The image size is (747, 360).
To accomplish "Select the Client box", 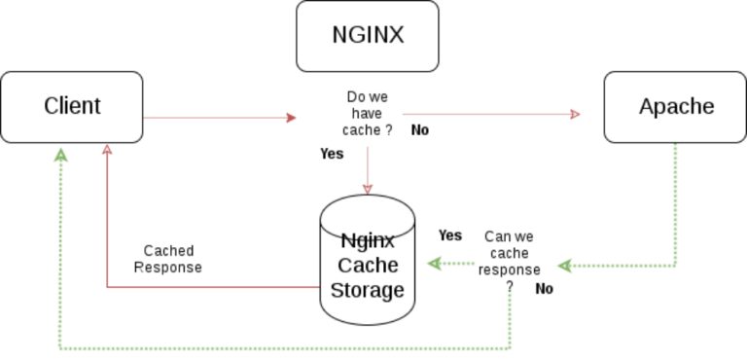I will (x=72, y=106).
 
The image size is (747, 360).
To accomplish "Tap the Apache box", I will (x=676, y=106).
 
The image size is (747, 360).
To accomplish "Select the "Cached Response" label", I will (x=167, y=259).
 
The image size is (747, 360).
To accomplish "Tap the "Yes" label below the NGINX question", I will (x=332, y=154).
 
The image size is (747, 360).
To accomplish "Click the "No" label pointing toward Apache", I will (x=420, y=129).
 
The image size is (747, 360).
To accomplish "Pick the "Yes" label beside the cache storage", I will (x=449, y=234).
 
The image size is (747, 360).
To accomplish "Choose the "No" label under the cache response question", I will (x=544, y=289).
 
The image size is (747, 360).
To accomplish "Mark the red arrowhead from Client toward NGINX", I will (x=291, y=118).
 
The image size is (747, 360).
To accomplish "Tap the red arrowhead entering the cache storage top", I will (x=369, y=188).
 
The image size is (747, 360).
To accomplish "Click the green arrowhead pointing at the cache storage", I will (x=434, y=264).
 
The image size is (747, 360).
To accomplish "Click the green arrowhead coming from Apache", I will (x=563, y=265).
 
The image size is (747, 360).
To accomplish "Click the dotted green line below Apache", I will (x=676, y=204).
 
